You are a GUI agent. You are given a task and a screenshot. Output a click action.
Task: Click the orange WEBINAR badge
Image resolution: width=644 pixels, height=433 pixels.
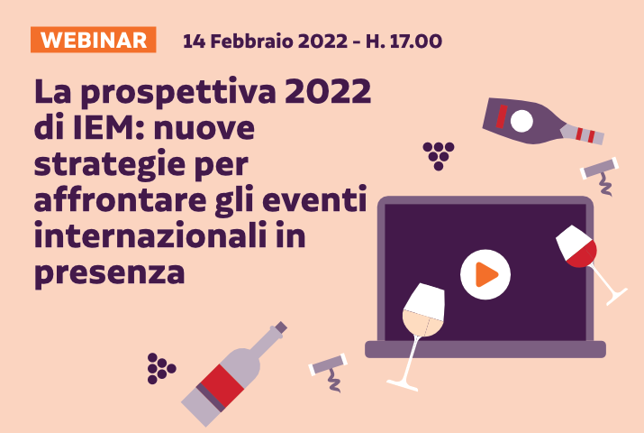tap(94, 40)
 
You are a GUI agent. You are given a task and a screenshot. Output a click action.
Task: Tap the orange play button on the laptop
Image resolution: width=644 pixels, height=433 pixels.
tap(485, 272)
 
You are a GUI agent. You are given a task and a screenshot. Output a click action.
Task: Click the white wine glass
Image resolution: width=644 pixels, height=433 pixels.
tap(422, 318)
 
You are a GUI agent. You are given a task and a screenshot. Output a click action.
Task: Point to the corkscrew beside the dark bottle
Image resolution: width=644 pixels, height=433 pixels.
tap(601, 174)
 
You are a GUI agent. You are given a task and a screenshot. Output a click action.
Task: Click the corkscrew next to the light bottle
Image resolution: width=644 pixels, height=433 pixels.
tap(329, 370)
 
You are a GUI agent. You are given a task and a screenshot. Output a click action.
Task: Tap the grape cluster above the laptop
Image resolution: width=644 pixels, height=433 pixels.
tap(439, 154)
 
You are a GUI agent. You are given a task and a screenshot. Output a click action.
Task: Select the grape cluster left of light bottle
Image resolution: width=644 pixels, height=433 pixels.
tap(161, 366)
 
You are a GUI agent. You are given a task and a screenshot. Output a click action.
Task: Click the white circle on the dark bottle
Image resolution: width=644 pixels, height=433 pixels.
tap(522, 120)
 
